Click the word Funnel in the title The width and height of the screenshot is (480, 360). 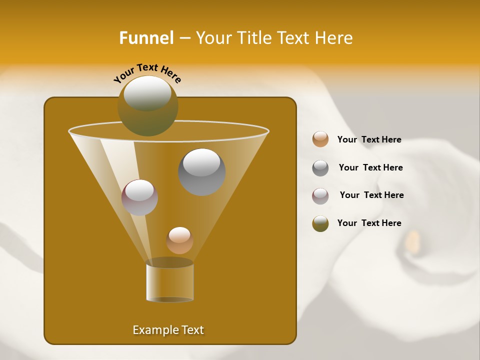pos(146,38)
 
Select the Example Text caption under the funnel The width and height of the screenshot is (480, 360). pos(168,330)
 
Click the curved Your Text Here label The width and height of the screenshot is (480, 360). pos(147,73)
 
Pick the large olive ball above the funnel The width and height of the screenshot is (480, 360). pos(147,106)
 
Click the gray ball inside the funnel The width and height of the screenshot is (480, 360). pos(201,172)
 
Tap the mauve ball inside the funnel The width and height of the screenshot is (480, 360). pos(139,197)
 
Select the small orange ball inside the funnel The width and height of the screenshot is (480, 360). pos(179,240)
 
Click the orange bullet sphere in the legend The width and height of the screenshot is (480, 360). pos(320,139)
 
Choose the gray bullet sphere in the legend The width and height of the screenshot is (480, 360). pos(320,167)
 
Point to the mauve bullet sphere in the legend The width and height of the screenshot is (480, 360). pos(320,195)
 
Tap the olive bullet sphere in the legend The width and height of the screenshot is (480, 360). pos(320,223)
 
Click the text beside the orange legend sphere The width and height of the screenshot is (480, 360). pos(369,139)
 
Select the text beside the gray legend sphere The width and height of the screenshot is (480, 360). pos(370,167)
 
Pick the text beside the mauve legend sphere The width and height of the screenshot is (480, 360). pos(371,195)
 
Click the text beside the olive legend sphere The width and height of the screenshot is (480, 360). pos(369,223)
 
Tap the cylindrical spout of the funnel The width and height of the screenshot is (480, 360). pos(169,281)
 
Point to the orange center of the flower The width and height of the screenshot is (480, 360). pos(412,240)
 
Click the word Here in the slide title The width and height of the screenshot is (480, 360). pos(333,38)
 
